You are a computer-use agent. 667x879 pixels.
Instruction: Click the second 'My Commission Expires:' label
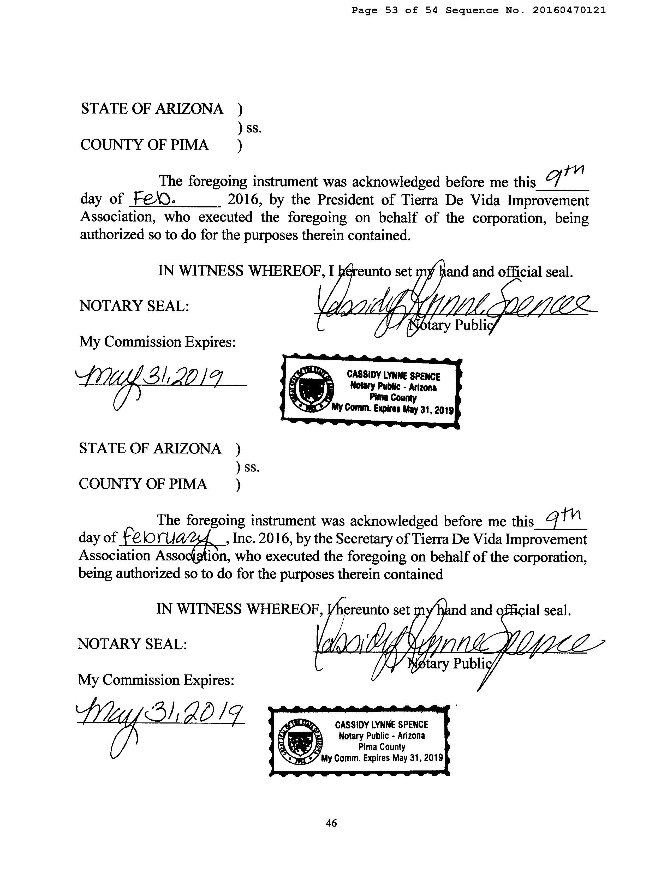tap(156, 680)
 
